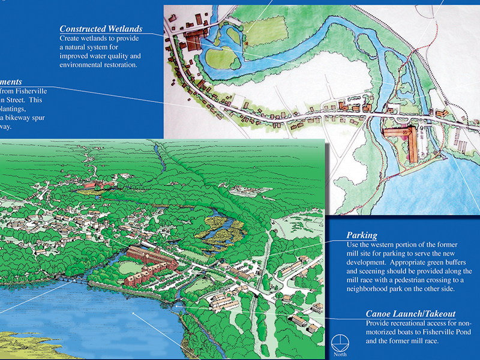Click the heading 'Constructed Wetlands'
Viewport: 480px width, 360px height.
(x=101, y=29)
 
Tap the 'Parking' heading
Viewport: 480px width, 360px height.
(x=362, y=235)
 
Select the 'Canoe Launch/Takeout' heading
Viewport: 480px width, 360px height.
(x=410, y=314)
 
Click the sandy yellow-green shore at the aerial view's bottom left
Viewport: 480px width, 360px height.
(x=24, y=342)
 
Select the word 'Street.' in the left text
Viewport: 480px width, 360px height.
(x=16, y=100)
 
